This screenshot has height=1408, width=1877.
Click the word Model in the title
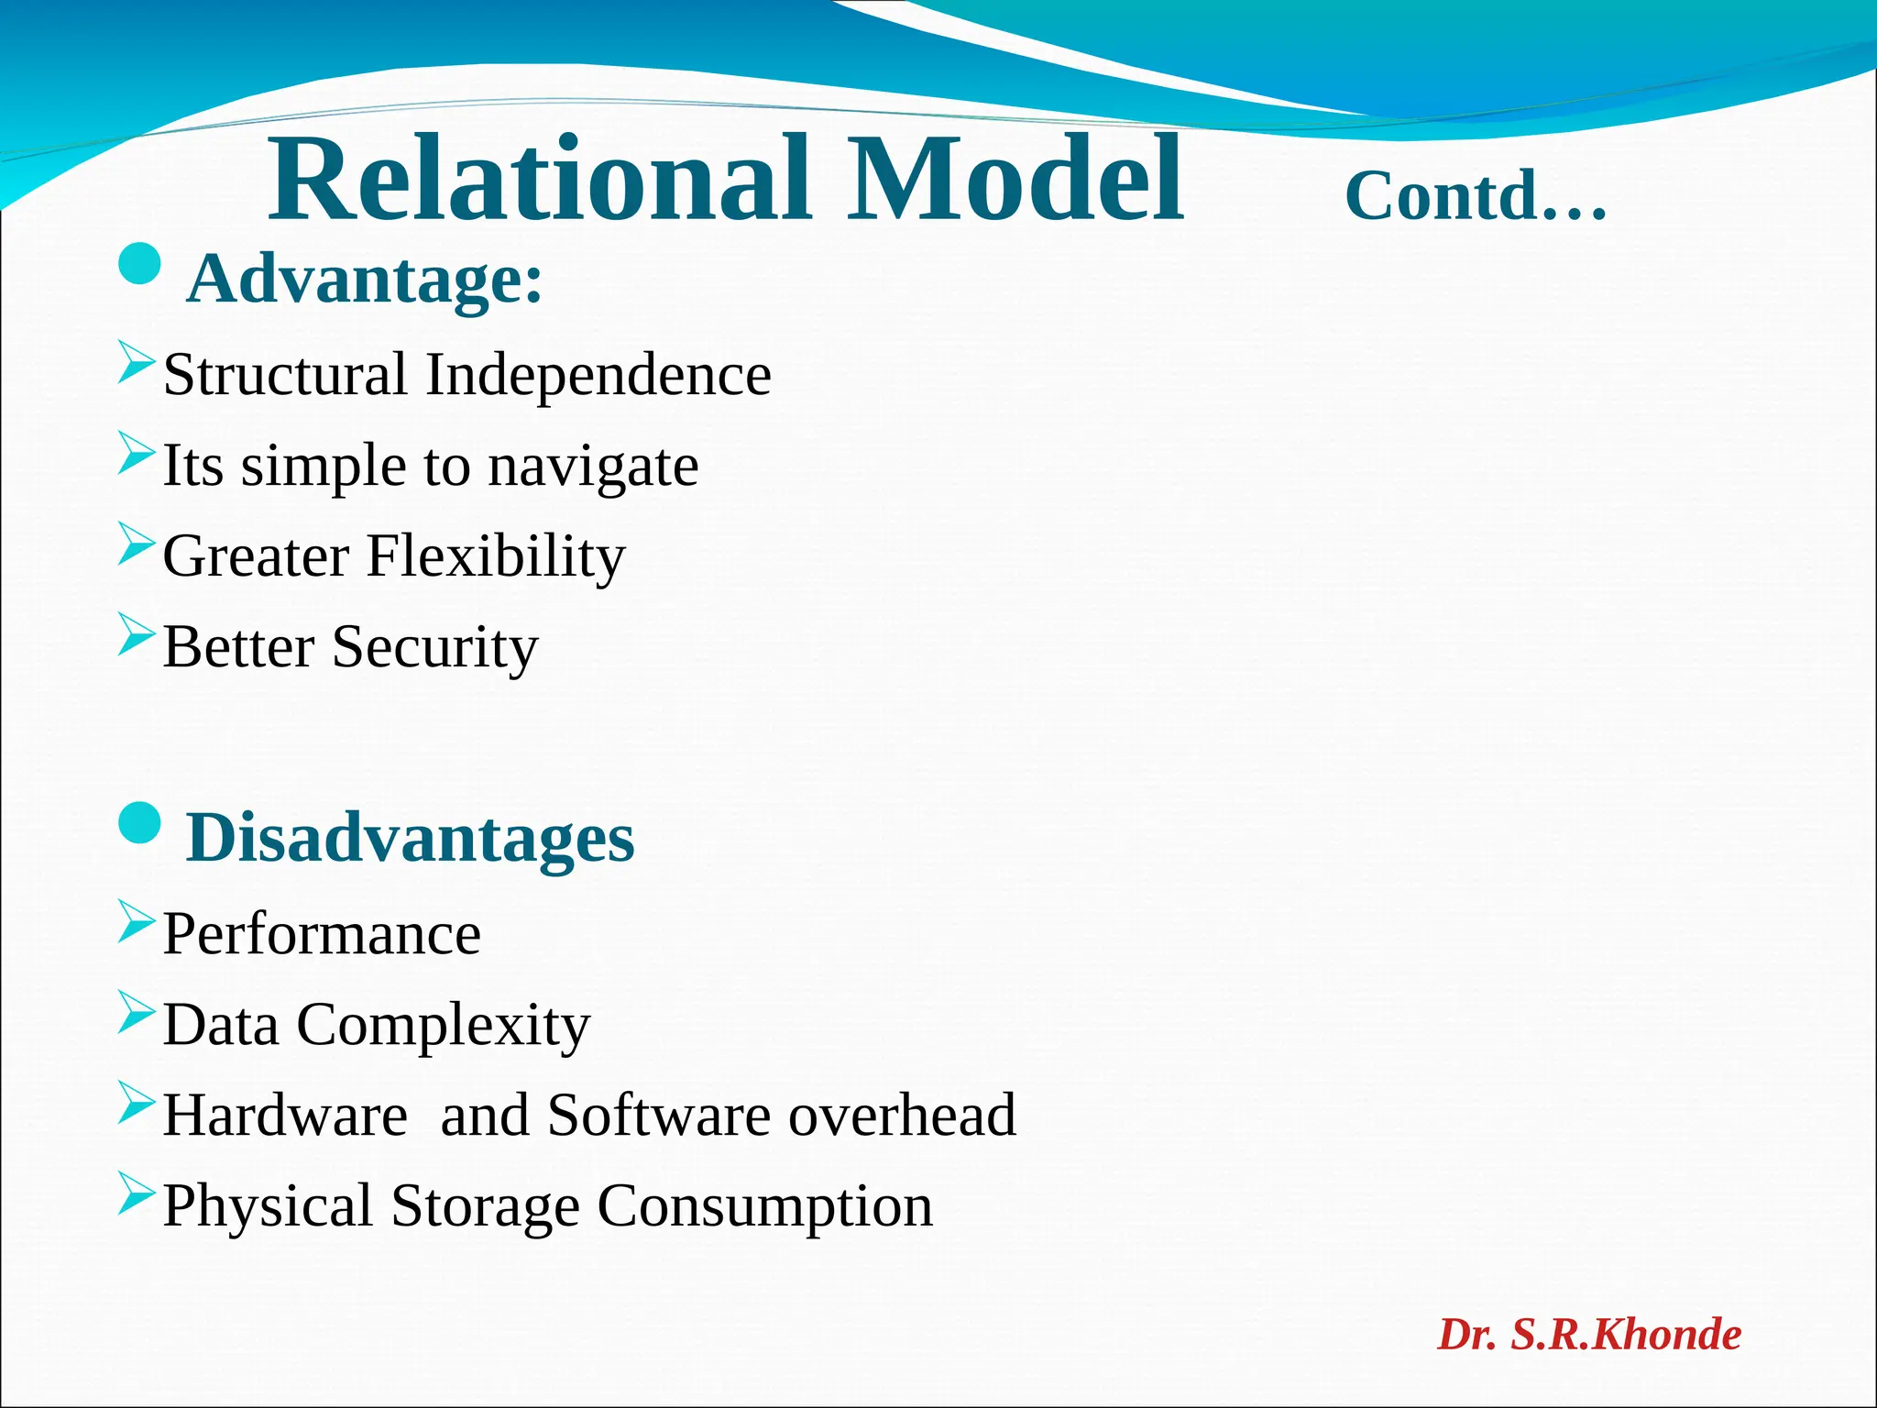(x=1014, y=180)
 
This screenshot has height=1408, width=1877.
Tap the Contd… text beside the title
(x=1476, y=196)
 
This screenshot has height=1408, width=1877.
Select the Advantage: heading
(x=365, y=280)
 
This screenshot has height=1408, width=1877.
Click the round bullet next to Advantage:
(x=140, y=265)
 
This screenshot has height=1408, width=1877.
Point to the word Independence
(x=598, y=375)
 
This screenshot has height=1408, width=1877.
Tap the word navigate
(x=593, y=467)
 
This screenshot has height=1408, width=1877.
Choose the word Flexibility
(x=495, y=556)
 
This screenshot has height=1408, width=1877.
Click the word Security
(x=434, y=647)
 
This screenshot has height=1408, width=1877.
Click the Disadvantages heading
(x=410, y=838)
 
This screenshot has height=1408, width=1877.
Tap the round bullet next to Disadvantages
(x=140, y=822)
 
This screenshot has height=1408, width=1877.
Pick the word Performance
(x=322, y=935)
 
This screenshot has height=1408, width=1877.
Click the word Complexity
(x=443, y=1025)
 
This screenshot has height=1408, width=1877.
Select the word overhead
(x=902, y=1116)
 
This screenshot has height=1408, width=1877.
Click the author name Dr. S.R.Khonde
(x=1588, y=1335)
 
